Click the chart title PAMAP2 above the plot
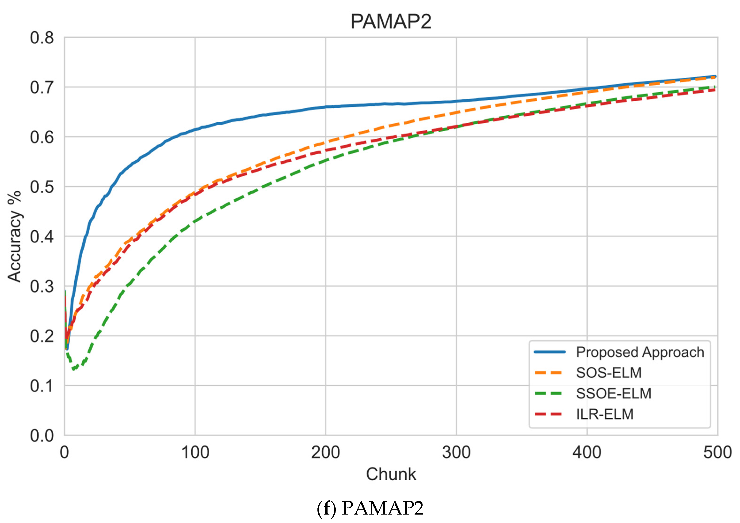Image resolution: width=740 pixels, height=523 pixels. pyautogui.click(x=391, y=22)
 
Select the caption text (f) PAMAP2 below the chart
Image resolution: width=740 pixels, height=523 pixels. pyautogui.click(x=370, y=508)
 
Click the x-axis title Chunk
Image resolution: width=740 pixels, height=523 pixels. pyautogui.click(x=391, y=474)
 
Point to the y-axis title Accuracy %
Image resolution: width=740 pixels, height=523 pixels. pyautogui.click(x=15, y=237)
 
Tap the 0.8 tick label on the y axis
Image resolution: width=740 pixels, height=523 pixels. pyautogui.click(x=42, y=38)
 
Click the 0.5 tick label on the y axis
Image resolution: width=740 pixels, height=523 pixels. pyautogui.click(x=42, y=187)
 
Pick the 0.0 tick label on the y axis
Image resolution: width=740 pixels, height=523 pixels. pyautogui.click(x=42, y=436)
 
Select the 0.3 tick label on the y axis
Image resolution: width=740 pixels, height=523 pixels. pyautogui.click(x=42, y=286)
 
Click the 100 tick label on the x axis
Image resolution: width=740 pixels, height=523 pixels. pyautogui.click(x=195, y=452)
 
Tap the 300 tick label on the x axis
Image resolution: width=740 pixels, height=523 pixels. pyautogui.click(x=456, y=452)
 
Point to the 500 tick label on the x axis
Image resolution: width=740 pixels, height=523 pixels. pyautogui.click(x=717, y=452)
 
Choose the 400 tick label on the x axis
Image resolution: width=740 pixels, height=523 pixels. pyautogui.click(x=587, y=452)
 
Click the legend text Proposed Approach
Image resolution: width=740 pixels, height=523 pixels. pyautogui.click(x=640, y=352)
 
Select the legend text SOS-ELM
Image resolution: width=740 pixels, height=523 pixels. pyautogui.click(x=609, y=373)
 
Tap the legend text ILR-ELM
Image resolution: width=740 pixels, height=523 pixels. pyautogui.click(x=605, y=414)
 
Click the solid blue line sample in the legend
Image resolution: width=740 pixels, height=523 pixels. pyautogui.click(x=549, y=352)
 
